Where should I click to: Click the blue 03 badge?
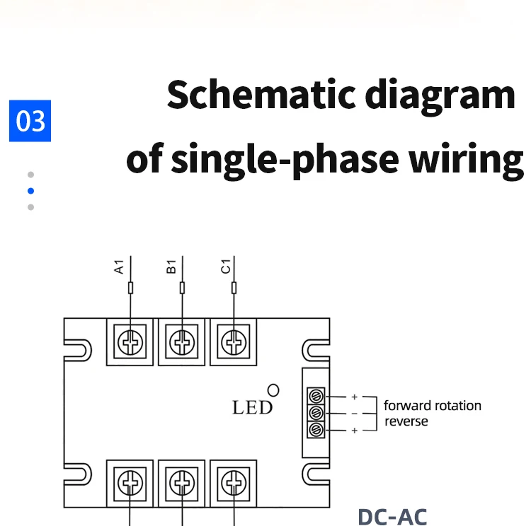(30, 121)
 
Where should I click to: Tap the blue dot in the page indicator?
(31, 191)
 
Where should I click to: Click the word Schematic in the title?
(261, 94)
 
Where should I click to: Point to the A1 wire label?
(119, 267)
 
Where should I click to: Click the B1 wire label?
(171, 267)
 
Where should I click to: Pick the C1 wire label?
(225, 267)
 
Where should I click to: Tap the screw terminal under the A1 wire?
(130, 342)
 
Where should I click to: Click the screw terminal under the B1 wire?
(182, 342)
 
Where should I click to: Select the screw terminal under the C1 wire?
(234, 342)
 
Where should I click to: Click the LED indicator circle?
(273, 390)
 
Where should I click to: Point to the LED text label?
(252, 407)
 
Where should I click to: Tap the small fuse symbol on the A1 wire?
(131, 288)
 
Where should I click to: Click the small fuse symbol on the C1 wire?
(234, 288)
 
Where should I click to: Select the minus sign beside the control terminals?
(355, 414)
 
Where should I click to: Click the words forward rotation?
(433, 406)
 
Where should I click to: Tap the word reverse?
(406, 421)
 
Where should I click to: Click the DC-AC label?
(392, 517)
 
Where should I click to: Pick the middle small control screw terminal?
(316, 413)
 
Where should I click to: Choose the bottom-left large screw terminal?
(130, 483)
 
